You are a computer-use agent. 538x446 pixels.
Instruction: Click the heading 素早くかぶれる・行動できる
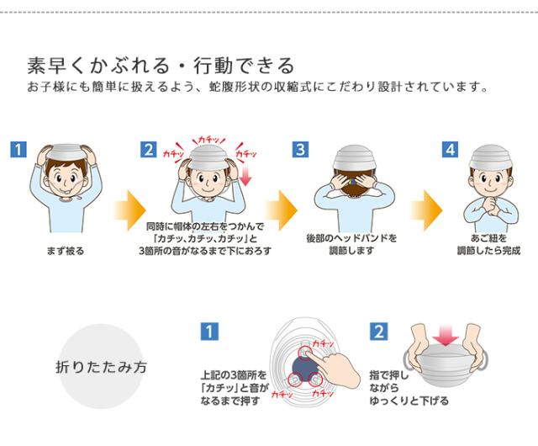161,66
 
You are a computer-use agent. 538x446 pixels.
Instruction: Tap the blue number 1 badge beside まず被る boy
18,150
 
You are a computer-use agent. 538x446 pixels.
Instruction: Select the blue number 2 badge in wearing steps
149,150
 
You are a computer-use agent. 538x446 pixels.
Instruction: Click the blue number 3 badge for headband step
300,150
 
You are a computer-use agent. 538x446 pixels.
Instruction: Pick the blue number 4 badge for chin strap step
451,150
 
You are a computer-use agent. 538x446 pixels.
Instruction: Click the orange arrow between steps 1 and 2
130,210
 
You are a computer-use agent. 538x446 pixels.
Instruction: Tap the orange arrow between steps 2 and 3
282,210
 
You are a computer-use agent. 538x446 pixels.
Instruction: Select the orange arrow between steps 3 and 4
426,210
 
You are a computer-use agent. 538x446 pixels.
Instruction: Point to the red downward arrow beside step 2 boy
245,178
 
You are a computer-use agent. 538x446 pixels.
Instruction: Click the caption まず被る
66,251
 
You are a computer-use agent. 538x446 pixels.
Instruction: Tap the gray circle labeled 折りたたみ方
101,367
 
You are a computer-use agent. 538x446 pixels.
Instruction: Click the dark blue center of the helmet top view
304,368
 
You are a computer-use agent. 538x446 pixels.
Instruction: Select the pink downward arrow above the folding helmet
445,336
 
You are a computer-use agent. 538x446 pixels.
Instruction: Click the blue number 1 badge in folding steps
209,332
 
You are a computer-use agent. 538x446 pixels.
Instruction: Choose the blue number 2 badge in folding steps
378,332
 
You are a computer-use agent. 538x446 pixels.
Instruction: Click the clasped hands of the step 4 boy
491,204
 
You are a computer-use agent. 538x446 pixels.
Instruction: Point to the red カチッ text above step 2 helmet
208,140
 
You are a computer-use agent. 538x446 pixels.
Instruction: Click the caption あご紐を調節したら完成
488,245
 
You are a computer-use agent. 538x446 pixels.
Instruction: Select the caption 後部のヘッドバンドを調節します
351,245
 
